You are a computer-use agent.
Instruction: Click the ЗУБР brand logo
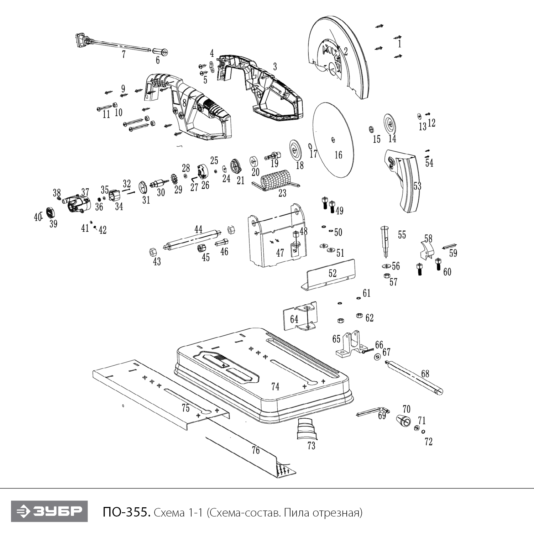pos(49,512)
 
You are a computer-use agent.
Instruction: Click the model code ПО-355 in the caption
pos(124,512)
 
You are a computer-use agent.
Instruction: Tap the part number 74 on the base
pos(275,387)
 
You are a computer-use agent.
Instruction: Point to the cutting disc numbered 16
pos(334,139)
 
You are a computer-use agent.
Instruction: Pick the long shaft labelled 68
pos(415,376)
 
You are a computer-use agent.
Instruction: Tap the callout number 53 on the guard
pos(417,186)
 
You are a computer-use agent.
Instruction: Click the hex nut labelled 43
pos(151,252)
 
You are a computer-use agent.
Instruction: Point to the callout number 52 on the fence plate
pos(333,273)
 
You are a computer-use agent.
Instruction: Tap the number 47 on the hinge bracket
pos(280,252)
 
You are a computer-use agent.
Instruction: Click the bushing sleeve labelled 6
pos(161,52)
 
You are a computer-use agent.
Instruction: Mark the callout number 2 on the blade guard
pos(345,51)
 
